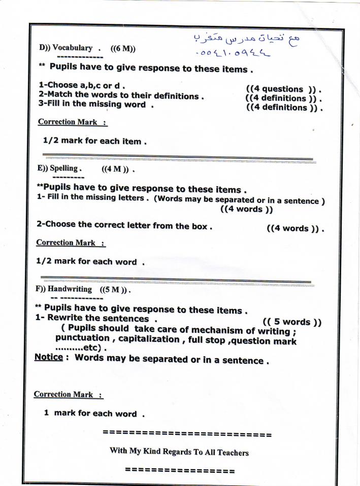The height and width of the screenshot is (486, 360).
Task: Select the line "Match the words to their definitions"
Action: point(121,95)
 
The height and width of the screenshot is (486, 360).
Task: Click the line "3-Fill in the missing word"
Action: point(96,105)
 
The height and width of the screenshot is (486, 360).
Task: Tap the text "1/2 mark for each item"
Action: point(95,142)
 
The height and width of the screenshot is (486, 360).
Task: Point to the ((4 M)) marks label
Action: point(117,168)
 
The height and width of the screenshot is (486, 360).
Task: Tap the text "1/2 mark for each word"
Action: point(90,262)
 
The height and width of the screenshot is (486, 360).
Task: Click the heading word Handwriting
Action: point(70,289)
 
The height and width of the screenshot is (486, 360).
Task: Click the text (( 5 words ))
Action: point(292,322)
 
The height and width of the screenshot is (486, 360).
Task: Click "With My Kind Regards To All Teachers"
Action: point(179,451)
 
